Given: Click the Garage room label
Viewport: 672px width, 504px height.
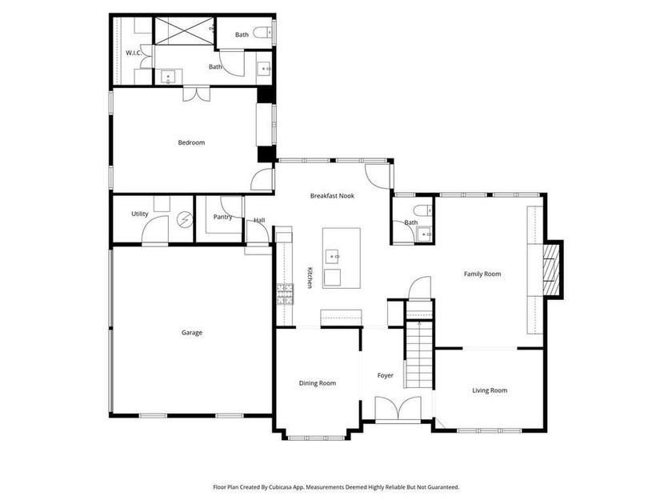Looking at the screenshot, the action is (191, 333).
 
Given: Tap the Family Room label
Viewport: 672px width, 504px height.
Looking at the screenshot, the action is (482, 274).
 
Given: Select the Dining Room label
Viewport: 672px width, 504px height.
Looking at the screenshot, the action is (317, 383).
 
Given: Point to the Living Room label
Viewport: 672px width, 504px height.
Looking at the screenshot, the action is (490, 390).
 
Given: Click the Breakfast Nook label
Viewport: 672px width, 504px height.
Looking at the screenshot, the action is (332, 196).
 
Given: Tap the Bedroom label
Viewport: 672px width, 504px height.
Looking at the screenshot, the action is (191, 142).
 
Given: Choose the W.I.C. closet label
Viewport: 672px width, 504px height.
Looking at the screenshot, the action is (134, 53).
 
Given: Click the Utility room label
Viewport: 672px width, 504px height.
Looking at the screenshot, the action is (140, 214).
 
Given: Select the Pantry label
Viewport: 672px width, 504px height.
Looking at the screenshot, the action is (222, 217).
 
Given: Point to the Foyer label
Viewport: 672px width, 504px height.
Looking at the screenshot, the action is (386, 375).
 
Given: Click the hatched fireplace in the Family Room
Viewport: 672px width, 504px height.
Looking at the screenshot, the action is (551, 270).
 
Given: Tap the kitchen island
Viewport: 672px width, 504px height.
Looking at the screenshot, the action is (341, 258).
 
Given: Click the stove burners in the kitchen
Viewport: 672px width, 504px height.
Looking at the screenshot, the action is (285, 294).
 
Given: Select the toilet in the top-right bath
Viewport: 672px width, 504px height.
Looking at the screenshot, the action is (262, 32).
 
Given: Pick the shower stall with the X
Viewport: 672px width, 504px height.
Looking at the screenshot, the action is (184, 31).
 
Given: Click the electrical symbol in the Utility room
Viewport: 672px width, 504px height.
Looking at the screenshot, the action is (185, 220).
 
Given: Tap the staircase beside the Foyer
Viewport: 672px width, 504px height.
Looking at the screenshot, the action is (419, 354).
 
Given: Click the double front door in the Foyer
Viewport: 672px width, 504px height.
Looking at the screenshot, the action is (398, 409).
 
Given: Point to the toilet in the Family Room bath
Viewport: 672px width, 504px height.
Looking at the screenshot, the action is (423, 210).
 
